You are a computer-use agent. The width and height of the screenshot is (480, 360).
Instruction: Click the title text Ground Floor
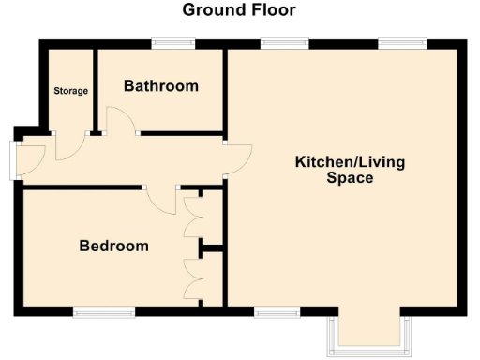pos(238,10)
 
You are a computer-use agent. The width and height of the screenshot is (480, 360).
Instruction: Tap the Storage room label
pos(70,91)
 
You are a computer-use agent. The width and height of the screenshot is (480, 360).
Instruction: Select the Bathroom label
pos(161,86)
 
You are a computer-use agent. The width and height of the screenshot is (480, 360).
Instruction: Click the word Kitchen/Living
pos(350,162)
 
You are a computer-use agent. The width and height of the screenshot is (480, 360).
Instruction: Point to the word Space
pos(350,178)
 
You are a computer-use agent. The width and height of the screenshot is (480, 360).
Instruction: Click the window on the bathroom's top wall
pos(173,42)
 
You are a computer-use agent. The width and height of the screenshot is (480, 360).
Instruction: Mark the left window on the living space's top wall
pos(284,42)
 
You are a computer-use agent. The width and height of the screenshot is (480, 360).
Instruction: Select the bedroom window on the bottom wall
pos(103,312)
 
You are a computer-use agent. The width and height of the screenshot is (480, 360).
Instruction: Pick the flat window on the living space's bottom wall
pos(276,312)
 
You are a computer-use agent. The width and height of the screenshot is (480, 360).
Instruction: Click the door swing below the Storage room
pos(70,145)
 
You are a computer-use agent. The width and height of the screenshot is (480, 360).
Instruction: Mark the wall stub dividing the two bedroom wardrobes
pos(212,248)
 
